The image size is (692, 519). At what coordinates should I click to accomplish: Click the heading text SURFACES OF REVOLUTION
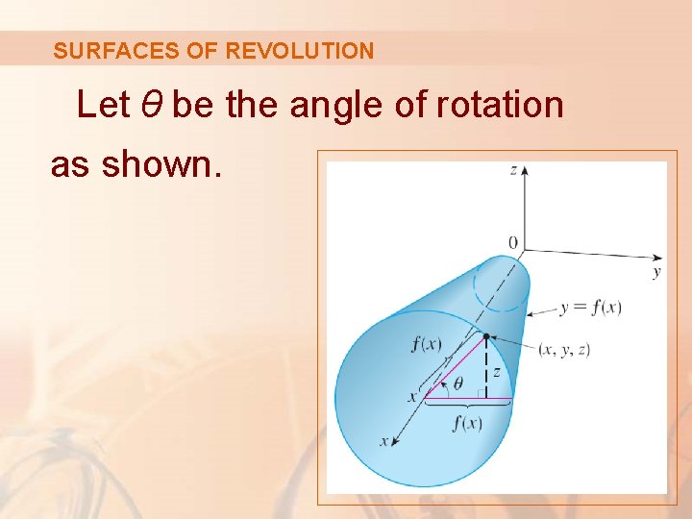tap(213, 51)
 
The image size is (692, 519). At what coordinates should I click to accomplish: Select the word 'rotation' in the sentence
tap(499, 105)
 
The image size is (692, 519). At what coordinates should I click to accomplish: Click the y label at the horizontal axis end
tap(656, 273)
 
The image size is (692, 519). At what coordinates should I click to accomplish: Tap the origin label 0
tap(512, 242)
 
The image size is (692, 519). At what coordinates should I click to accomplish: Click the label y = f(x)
tap(590, 308)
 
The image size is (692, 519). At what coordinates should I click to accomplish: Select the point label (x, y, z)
tap(564, 349)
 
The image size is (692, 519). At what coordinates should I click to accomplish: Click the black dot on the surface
tap(487, 336)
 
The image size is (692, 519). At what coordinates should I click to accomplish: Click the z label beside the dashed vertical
tap(496, 370)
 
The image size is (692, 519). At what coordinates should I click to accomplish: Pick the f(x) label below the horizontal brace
tap(467, 424)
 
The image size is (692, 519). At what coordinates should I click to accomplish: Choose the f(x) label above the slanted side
tap(427, 344)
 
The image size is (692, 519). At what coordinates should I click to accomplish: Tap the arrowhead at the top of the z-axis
tap(525, 171)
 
